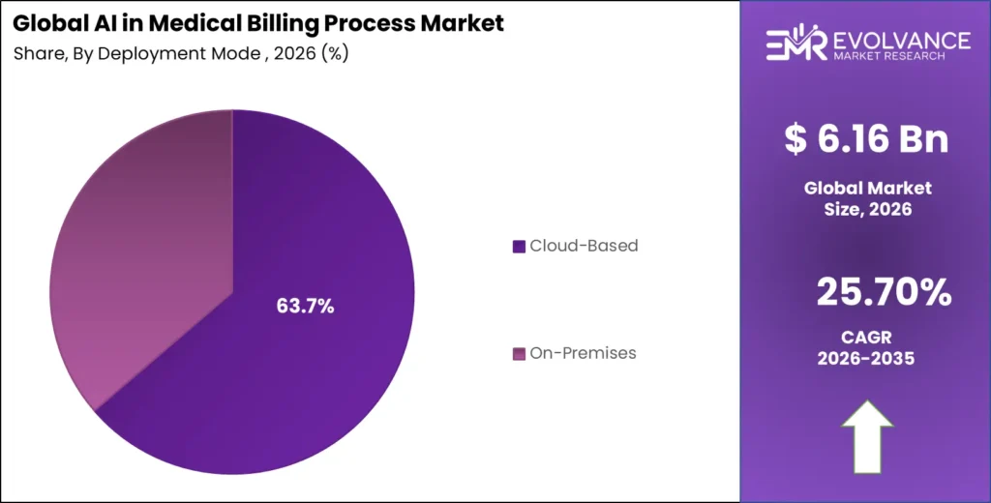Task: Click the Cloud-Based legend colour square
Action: click(519, 247)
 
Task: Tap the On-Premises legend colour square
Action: click(519, 353)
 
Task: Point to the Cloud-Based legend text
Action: click(584, 246)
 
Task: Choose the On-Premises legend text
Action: click(583, 353)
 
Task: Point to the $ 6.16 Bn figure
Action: click(865, 139)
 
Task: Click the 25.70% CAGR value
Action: click(884, 292)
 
